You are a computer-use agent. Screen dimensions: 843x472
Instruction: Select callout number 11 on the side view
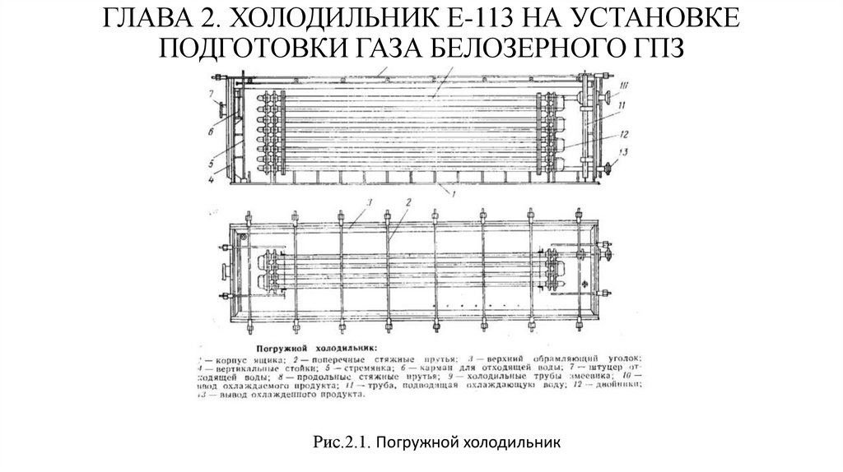coord(623,106)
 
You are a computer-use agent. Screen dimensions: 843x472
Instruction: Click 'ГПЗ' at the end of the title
coord(656,48)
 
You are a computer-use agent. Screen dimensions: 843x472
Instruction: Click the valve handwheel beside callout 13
coord(612,168)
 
